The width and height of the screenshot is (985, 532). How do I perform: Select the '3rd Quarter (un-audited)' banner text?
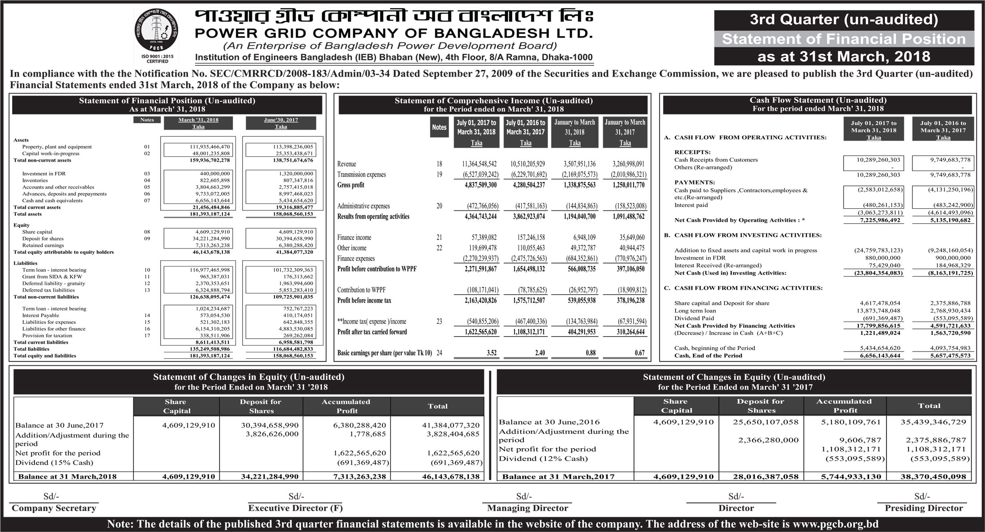coord(844,20)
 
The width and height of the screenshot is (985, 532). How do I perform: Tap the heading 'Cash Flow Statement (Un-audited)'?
coord(818,100)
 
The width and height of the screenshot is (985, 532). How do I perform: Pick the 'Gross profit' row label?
coord(351,185)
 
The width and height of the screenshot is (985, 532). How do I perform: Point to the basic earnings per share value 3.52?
coord(492,353)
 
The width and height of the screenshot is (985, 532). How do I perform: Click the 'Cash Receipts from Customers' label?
coord(716,160)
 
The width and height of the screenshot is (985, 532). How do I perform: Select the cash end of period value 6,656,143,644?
coord(874,356)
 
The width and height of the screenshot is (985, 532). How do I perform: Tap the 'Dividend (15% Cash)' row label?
coord(54,463)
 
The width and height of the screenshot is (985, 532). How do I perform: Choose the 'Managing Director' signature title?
coord(527,508)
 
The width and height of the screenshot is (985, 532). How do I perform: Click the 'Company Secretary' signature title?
coord(54,508)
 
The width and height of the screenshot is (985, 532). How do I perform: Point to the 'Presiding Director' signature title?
coord(924,508)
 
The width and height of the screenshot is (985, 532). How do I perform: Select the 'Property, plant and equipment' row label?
coord(57,147)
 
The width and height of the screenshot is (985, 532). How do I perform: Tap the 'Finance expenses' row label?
coord(356,259)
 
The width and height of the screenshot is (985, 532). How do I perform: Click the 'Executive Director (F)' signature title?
coord(295,508)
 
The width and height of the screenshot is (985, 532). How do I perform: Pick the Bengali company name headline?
coord(394,18)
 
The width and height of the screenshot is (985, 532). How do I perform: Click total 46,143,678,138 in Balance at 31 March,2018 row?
coord(450,477)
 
